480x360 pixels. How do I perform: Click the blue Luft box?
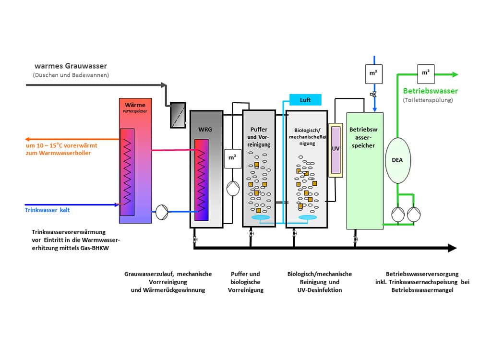(x=305, y=100)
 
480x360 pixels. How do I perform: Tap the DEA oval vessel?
(x=397, y=160)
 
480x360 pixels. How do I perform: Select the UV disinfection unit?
(x=336, y=150)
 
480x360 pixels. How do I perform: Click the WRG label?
(x=205, y=129)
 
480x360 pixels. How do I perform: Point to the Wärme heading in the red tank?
(x=135, y=105)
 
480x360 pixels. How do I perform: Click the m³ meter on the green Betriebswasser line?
(x=426, y=74)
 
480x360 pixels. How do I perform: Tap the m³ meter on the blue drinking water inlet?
(x=374, y=74)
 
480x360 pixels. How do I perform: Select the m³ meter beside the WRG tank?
(x=233, y=158)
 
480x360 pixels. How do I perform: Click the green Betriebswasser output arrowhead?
(x=455, y=74)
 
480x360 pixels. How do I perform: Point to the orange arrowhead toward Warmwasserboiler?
(x=27, y=139)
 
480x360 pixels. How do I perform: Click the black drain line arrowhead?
(x=452, y=248)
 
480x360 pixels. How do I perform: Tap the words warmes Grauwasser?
(x=71, y=66)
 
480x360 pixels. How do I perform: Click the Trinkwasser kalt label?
(x=47, y=210)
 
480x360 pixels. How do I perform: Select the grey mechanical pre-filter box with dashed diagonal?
(x=178, y=115)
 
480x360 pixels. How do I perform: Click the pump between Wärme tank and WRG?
(x=162, y=212)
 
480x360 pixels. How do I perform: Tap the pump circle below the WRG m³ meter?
(x=233, y=189)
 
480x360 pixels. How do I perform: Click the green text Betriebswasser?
(x=431, y=91)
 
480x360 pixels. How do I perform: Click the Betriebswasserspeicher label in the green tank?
(x=363, y=137)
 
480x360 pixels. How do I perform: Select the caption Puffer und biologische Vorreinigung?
(x=245, y=282)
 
